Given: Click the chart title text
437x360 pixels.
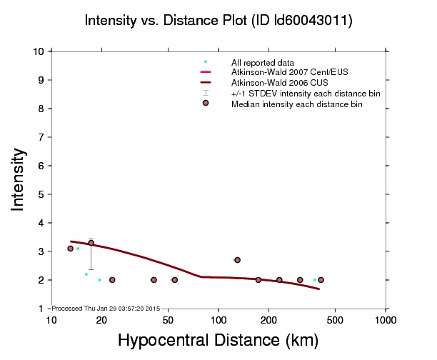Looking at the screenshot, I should pyautogui.click(x=218, y=21).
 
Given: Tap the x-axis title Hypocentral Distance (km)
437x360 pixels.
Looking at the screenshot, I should pyautogui.click(x=218, y=341).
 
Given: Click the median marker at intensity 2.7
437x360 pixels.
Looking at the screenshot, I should pyautogui.click(x=237, y=260).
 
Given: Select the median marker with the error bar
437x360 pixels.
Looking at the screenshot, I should pyautogui.click(x=91, y=243).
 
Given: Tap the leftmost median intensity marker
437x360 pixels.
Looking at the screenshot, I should pyautogui.click(x=70, y=249).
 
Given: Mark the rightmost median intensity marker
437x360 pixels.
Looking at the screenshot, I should pyautogui.click(x=321, y=280).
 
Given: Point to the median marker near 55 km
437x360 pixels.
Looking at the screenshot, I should pyautogui.click(x=174, y=280).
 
